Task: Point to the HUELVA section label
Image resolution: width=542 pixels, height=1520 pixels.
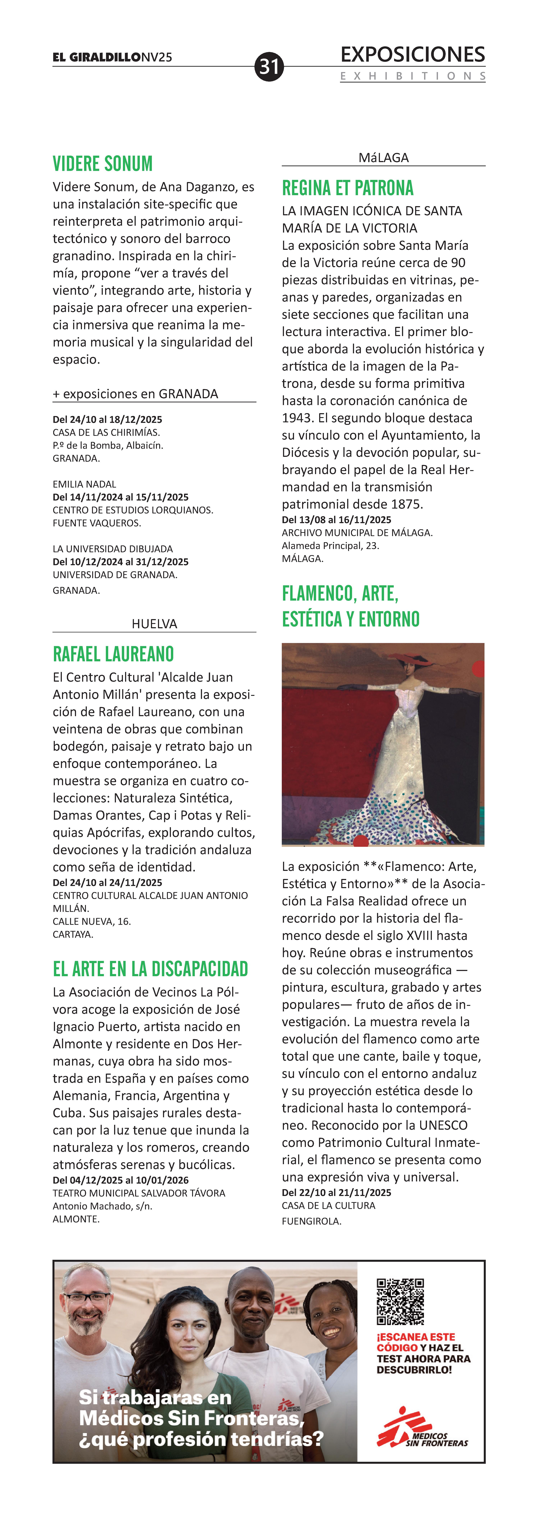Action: (155, 624)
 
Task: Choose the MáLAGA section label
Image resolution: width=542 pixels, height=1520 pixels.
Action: (383, 158)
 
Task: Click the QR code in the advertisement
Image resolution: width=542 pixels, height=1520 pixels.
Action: (400, 1301)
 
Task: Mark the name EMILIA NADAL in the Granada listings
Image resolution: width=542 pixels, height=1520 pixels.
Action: (84, 484)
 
